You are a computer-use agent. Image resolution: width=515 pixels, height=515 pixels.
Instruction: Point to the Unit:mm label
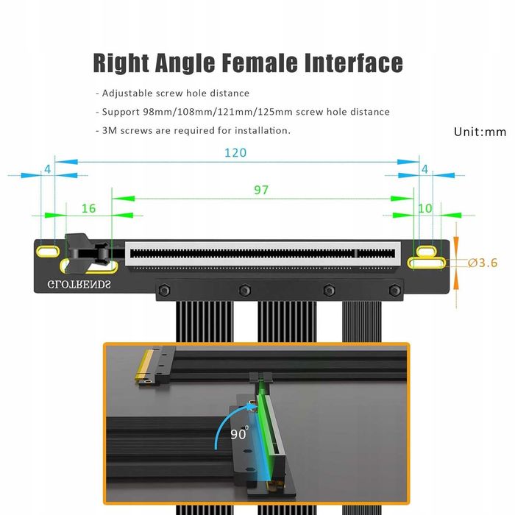pyautogui.click(x=480, y=132)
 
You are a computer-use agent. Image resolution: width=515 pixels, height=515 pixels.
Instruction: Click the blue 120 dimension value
pyautogui.click(x=235, y=153)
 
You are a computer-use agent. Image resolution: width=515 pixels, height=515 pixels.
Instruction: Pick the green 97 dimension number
pyautogui.click(x=261, y=190)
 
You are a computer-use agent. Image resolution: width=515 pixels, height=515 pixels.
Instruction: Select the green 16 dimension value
pyautogui.click(x=88, y=208)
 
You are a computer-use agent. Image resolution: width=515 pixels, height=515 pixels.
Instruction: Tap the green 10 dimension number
pyautogui.click(x=425, y=208)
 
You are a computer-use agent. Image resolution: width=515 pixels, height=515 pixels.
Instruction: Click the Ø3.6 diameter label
pyautogui.click(x=483, y=263)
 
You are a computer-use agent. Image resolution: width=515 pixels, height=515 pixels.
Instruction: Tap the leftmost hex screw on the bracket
pyautogui.click(x=162, y=289)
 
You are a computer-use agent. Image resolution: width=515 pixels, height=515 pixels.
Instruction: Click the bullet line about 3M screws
pyautogui.click(x=193, y=130)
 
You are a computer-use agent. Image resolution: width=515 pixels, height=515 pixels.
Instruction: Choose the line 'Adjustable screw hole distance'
pyautogui.click(x=173, y=93)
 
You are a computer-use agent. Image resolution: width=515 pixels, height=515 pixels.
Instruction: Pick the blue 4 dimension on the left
pyautogui.click(x=48, y=168)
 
